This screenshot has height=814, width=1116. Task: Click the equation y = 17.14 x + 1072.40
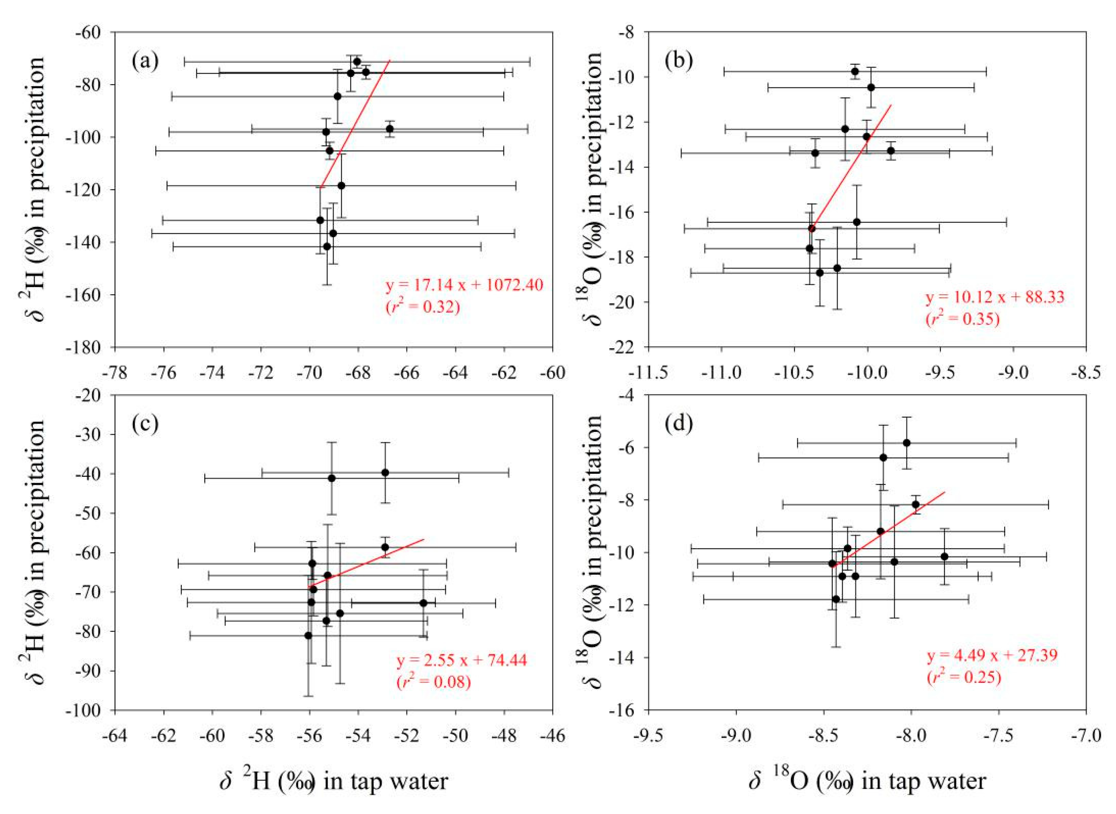(464, 285)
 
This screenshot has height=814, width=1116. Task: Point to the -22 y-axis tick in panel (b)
(627, 347)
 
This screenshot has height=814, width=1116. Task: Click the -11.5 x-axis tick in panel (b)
(649, 374)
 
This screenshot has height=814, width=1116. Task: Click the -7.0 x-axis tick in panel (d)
(1086, 736)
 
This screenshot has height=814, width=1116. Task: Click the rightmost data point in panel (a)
(390, 129)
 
